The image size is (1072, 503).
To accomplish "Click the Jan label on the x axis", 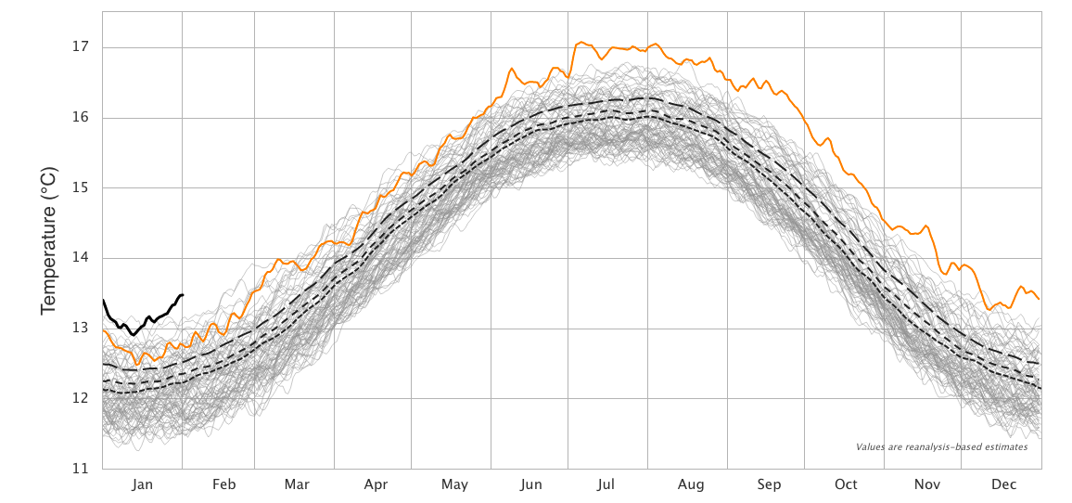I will [x=142, y=484].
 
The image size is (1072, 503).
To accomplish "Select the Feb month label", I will [x=223, y=484].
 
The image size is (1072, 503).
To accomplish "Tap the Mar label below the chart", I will [x=297, y=484].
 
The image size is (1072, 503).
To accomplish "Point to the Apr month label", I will [x=376, y=484].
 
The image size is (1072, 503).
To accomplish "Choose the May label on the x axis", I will [x=454, y=484].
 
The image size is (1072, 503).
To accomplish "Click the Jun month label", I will [x=531, y=484].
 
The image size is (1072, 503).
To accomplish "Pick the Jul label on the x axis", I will [x=606, y=484].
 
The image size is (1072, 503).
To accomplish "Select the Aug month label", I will [x=691, y=484].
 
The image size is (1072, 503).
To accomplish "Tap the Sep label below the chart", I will [x=769, y=484].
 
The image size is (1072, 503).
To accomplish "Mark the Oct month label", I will [x=846, y=484].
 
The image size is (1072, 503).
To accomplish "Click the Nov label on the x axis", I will [x=927, y=484].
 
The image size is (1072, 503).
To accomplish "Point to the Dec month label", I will [x=1003, y=484].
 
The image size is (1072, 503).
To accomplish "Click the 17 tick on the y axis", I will [x=80, y=47].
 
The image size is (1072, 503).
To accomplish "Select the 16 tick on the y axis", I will [x=80, y=118].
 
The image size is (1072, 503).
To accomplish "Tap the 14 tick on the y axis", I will [x=80, y=258].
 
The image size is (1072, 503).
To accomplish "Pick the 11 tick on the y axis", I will [x=80, y=468].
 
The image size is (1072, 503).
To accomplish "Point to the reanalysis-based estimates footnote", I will [x=941, y=446].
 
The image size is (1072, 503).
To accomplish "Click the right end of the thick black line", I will [x=183, y=294].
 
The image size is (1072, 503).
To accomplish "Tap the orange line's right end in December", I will [x=1040, y=299].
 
